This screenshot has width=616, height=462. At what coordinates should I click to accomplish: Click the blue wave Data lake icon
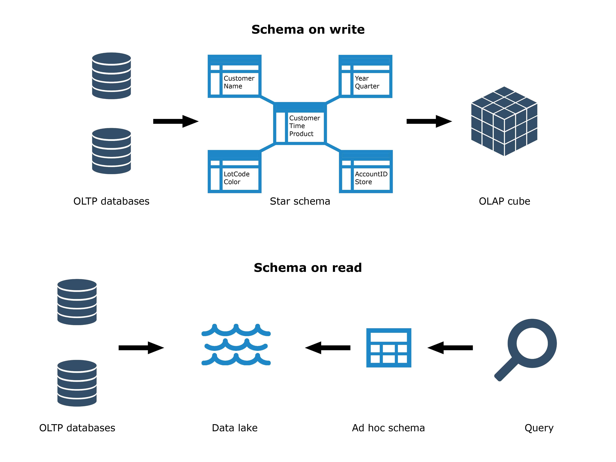tap(236, 345)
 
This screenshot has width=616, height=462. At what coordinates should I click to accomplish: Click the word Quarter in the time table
tap(367, 86)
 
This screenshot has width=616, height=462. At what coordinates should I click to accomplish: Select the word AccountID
tap(371, 174)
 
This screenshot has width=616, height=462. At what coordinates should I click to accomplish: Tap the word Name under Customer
tap(233, 86)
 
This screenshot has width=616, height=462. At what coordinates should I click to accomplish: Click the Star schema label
tap(300, 201)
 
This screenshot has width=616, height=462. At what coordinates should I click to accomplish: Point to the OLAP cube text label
tap(504, 201)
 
